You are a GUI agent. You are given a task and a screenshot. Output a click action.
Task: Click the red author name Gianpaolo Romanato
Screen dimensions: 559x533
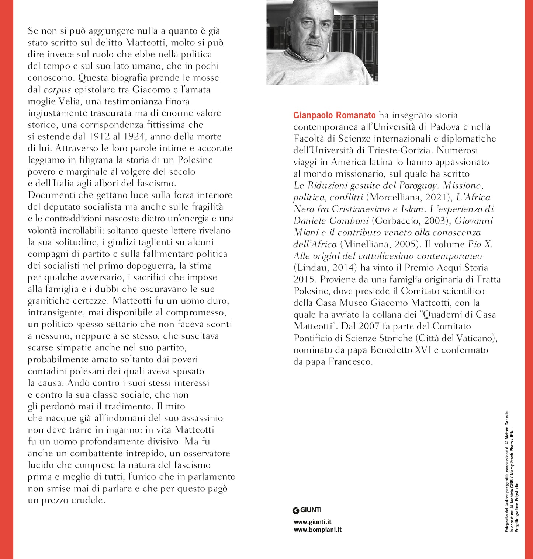(x=334, y=115)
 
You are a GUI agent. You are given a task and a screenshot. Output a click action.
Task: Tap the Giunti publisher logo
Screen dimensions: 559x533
(x=307, y=510)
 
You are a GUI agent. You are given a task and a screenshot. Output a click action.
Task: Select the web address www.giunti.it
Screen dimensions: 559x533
(x=312, y=522)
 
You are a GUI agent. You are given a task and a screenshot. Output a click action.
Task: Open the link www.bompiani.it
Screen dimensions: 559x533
(x=317, y=530)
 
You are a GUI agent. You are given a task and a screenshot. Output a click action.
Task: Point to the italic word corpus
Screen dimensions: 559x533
(x=57, y=90)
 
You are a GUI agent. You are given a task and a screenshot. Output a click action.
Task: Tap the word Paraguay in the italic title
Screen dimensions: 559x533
(x=418, y=185)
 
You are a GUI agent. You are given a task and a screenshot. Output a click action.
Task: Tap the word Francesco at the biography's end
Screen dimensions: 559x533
(x=350, y=362)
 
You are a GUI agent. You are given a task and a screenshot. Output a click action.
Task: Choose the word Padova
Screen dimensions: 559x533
(x=440, y=127)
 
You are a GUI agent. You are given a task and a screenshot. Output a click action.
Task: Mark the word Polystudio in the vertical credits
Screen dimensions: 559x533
(x=517, y=494)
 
